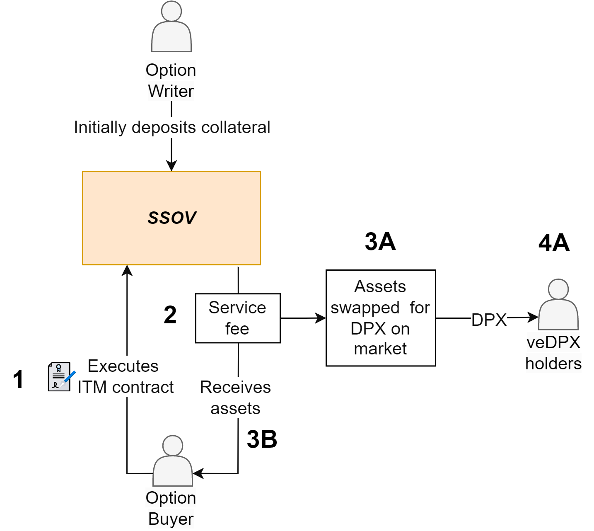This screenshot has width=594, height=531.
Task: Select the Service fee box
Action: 237,318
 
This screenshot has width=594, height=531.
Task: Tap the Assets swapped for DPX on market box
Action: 380,318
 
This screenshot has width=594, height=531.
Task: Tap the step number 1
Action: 18,379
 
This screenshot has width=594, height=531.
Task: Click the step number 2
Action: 170,315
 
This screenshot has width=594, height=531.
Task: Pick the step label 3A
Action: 380,242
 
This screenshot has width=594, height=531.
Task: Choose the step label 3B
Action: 262,439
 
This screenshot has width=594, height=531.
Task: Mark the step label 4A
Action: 553,243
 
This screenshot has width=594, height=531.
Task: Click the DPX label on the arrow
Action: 489,320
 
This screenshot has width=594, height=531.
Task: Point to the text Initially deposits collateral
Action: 172,127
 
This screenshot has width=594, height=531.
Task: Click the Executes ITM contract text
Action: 125,377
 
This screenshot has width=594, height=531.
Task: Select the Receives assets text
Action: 235,398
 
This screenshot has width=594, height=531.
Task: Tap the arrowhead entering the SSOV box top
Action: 171,165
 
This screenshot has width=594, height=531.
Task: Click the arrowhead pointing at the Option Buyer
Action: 198,473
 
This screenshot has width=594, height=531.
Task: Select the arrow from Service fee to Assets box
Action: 303,318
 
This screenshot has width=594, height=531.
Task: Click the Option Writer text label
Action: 171,80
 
